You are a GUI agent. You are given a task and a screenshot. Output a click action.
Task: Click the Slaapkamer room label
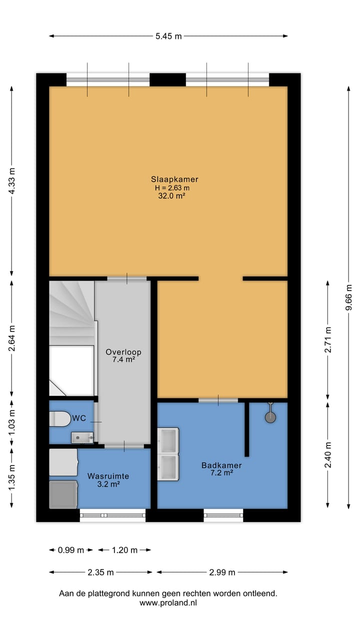[x=174, y=179]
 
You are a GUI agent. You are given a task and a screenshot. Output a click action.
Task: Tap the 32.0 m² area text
[x=171, y=196]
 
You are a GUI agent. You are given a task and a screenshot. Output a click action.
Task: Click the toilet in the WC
[x=60, y=418]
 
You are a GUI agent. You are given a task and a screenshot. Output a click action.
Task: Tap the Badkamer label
[x=221, y=465]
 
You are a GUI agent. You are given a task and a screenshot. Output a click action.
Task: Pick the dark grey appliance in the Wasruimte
[x=63, y=494]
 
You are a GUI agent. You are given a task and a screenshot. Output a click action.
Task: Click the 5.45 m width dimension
[x=168, y=36]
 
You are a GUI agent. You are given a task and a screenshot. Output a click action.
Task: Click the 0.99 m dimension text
[x=70, y=550]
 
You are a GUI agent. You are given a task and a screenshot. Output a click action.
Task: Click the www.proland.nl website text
[x=168, y=603]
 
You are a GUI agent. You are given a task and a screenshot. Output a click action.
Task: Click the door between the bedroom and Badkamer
[x=218, y=400]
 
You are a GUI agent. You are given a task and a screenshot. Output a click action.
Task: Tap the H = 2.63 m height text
[x=172, y=188]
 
